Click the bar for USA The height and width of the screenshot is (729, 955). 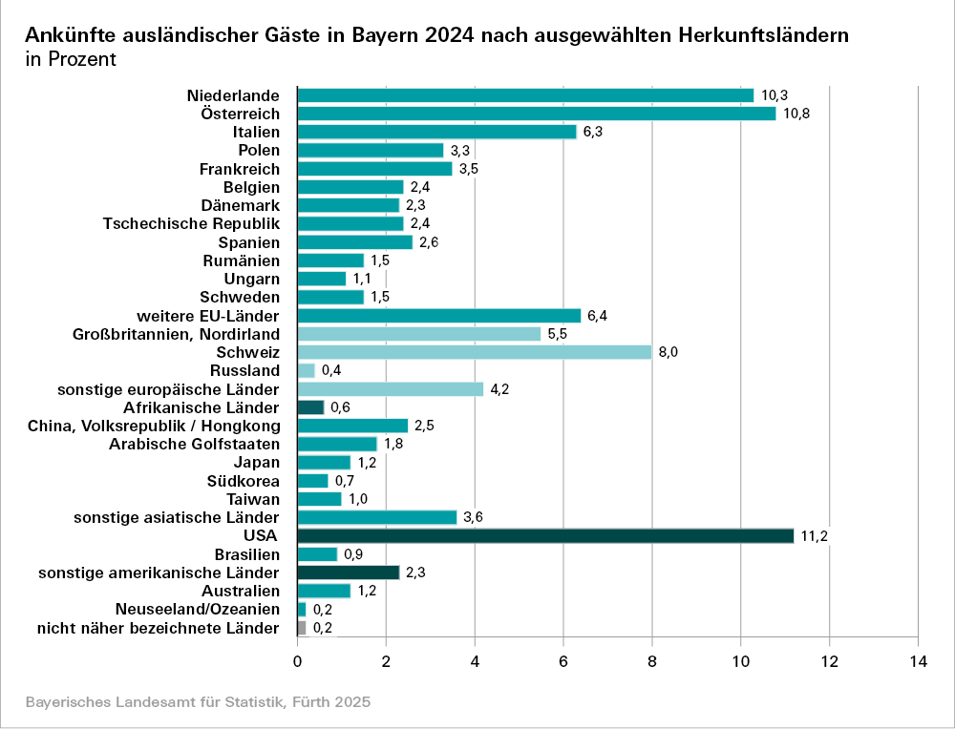[545, 535]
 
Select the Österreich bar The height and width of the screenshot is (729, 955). [537, 114]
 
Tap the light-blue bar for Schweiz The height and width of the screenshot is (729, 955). [475, 352]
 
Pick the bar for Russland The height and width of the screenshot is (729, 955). [307, 370]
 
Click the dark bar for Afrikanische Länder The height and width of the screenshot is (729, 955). [311, 407]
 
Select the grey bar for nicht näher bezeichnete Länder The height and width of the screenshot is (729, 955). [302, 628]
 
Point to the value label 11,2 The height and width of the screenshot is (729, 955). [814, 536]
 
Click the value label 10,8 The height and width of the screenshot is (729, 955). [796, 114]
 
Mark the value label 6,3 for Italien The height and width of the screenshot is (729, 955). [592, 132]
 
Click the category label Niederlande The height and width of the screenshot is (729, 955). [233, 95]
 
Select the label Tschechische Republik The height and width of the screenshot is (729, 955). [191, 223]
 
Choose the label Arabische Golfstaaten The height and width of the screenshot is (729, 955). [194, 444]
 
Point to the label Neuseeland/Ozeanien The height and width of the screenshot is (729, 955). [197, 609]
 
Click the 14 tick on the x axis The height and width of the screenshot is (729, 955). [918, 660]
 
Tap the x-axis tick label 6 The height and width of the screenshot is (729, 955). [563, 660]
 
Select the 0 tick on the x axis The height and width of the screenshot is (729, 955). [298, 660]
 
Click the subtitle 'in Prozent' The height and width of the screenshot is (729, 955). [71, 59]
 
